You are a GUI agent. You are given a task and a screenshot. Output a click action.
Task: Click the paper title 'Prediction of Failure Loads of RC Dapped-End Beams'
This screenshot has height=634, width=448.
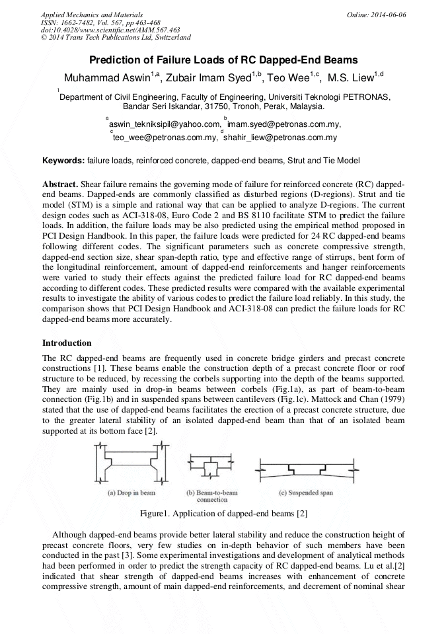coord(223,59)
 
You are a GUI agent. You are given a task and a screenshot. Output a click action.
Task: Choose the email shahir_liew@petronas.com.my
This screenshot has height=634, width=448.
coord(280,138)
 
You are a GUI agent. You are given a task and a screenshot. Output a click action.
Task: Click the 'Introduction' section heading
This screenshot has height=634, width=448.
coord(67,343)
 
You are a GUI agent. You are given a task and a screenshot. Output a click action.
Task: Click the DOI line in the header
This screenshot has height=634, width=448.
coord(110,30)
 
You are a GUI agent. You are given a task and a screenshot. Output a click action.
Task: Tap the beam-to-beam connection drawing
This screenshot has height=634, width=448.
coord(210,468)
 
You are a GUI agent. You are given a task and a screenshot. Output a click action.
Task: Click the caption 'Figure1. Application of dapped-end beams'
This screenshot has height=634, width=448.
coord(223,514)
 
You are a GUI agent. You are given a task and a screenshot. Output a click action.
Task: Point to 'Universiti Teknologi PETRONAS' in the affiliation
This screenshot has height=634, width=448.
coord(328,96)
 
